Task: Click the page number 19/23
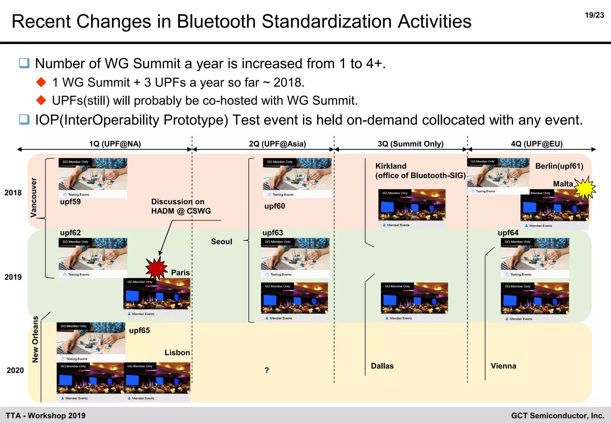[x=594, y=15]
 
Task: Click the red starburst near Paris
[x=156, y=268]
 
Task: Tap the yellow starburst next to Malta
[x=585, y=189]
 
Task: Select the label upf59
[x=70, y=202]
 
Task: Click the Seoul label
[x=221, y=242]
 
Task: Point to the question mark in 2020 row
[x=267, y=370]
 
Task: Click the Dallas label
[x=382, y=366]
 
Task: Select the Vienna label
[x=503, y=366]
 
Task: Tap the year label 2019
[x=13, y=277]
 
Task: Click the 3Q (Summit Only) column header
[x=411, y=144]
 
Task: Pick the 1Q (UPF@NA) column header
[x=115, y=144]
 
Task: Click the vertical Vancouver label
[x=34, y=197]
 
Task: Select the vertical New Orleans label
[x=35, y=339]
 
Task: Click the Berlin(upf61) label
[x=559, y=166]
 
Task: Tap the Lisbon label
[x=177, y=353]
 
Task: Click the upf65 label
[x=139, y=331]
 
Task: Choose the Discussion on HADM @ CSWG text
[x=181, y=206]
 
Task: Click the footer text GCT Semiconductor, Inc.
[x=557, y=416]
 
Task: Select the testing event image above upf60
[x=297, y=178]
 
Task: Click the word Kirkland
[x=391, y=166]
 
